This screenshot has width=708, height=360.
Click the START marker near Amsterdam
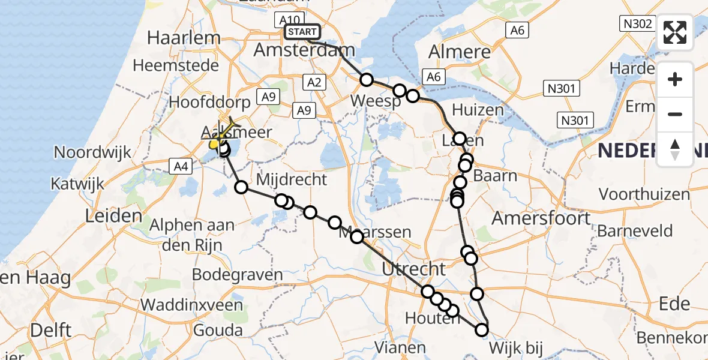pyautogui.click(x=302, y=32)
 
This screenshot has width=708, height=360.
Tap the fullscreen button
pyautogui.click(x=675, y=32)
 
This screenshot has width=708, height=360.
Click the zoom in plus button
pyautogui.click(x=675, y=79)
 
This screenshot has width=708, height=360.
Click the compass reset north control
pyautogui.click(x=675, y=149)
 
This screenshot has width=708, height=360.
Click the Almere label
pyautogui.click(x=460, y=52)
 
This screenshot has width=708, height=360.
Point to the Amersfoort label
pyautogui.click(x=541, y=218)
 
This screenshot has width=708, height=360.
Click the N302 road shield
pyautogui.click(x=635, y=23)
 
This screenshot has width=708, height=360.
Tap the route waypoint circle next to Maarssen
pyautogui.click(x=357, y=236)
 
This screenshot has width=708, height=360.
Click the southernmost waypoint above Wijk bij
pyautogui.click(x=482, y=329)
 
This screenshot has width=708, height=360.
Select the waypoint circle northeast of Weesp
pyautogui.click(x=412, y=95)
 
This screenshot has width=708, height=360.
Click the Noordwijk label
pyautogui.click(x=92, y=152)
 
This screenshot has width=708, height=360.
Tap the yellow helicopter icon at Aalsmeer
pyautogui.click(x=215, y=144)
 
